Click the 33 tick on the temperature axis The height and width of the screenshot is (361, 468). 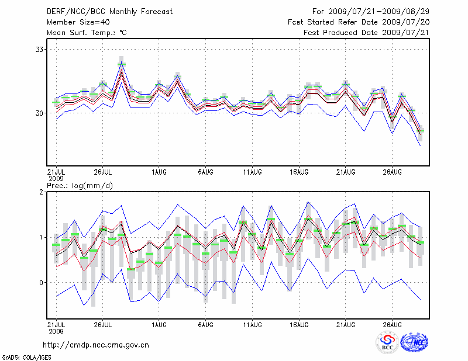(x=40, y=50)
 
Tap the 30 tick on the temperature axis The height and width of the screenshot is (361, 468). (x=40, y=113)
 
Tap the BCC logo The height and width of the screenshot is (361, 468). (x=387, y=343)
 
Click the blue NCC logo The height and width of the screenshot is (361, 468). (x=414, y=343)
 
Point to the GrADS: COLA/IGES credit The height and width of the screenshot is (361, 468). (x=22, y=356)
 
